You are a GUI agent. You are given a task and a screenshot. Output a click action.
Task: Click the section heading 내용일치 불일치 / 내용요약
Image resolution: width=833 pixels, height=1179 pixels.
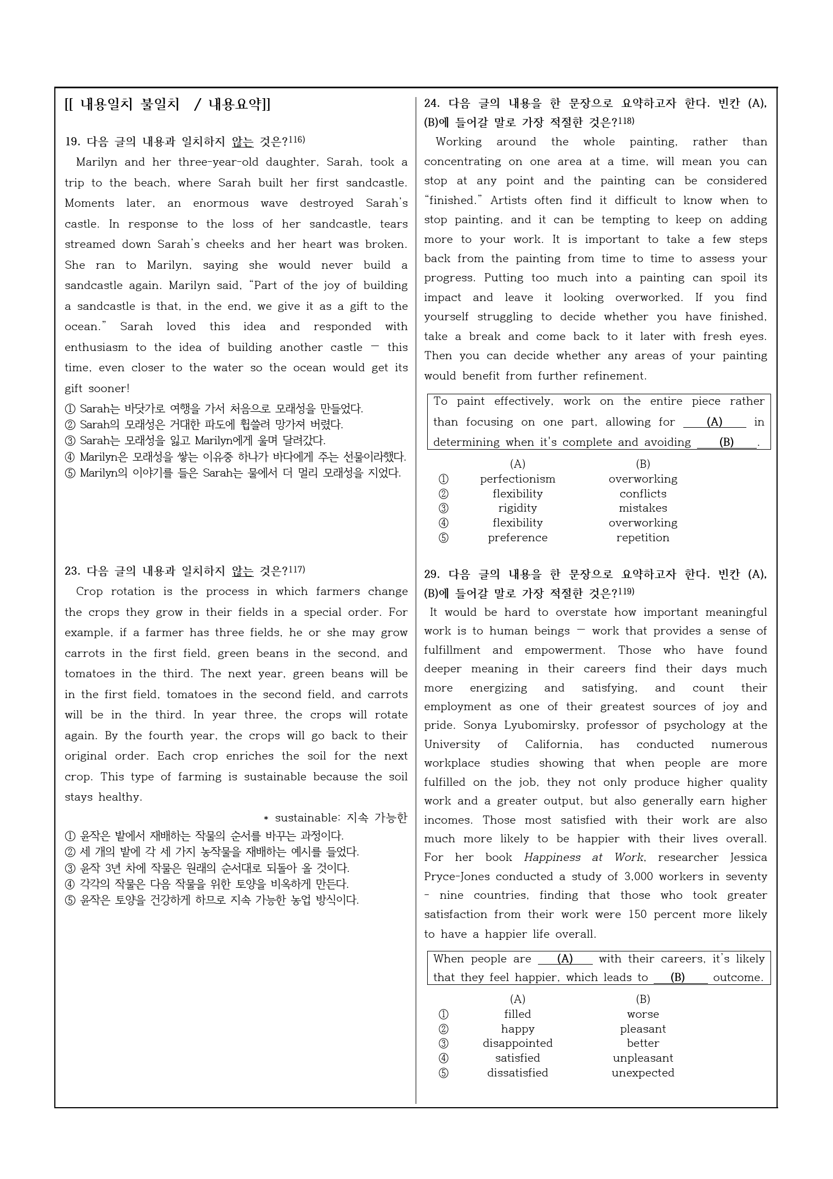pyautogui.click(x=167, y=104)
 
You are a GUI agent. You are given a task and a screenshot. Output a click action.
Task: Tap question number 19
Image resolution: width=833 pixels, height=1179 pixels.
pyautogui.click(x=72, y=142)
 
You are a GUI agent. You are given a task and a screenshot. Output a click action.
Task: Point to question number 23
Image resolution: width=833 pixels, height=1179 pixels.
pyautogui.click(x=72, y=571)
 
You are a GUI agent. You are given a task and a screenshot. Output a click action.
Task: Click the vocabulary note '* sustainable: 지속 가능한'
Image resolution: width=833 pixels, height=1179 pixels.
pyautogui.click(x=336, y=818)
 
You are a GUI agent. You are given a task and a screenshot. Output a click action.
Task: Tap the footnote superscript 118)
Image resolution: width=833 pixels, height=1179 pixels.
pyautogui.click(x=626, y=121)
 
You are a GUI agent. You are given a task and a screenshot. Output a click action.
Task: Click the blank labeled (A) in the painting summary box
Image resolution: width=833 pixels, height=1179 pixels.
pyautogui.click(x=714, y=422)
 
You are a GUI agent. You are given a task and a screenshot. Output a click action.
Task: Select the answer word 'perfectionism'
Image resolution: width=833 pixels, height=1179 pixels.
pyautogui.click(x=517, y=479)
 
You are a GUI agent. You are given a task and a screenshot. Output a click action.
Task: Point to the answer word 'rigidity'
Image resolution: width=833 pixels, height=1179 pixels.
pyautogui.click(x=517, y=508)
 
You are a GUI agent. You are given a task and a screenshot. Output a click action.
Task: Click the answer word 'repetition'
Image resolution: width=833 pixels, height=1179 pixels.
pyautogui.click(x=643, y=538)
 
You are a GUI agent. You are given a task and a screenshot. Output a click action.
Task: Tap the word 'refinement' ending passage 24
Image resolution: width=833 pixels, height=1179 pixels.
pyautogui.click(x=615, y=376)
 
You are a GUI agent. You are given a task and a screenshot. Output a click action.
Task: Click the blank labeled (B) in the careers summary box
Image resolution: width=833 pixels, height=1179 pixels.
pyautogui.click(x=678, y=978)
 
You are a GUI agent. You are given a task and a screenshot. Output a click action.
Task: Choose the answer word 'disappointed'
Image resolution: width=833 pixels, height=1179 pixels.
pyautogui.click(x=517, y=1044)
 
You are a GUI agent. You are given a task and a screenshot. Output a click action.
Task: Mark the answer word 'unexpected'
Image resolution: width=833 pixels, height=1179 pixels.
pyautogui.click(x=643, y=1073)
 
